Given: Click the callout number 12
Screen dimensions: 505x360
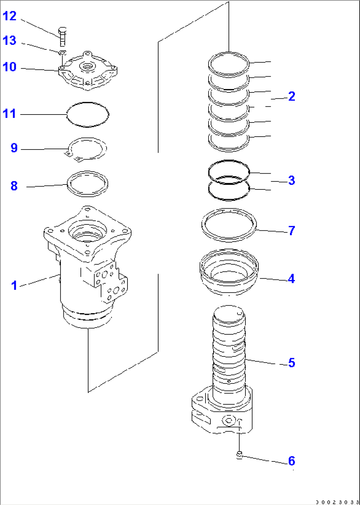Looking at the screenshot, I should tap(10, 16).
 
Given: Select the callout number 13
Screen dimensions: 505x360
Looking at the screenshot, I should tap(10, 41).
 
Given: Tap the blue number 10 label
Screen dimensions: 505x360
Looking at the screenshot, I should tap(10, 67).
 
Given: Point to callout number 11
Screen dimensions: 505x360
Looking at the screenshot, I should tap(10, 114).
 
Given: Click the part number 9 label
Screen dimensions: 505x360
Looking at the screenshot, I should tap(14, 148).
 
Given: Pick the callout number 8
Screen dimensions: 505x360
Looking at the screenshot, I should tap(14, 186).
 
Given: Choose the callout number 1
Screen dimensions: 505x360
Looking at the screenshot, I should tap(14, 286).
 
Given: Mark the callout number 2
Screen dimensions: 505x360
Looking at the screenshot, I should tap(291, 96).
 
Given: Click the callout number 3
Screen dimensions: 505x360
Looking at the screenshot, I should tap(291, 181).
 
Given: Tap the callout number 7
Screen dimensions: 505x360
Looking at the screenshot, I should tap(291, 230).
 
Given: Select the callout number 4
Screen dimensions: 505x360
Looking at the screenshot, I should tap(291, 279).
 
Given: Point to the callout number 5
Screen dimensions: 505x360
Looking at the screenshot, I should tap(291, 363).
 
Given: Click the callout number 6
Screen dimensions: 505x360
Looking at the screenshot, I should tap(291, 461).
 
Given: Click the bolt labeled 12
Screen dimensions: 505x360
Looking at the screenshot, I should tap(63, 37).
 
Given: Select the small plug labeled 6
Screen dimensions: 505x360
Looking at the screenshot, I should tap(240, 456).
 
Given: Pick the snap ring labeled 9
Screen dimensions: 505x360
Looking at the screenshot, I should tap(88, 149).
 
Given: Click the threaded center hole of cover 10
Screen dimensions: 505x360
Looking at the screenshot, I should tap(87, 67).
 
